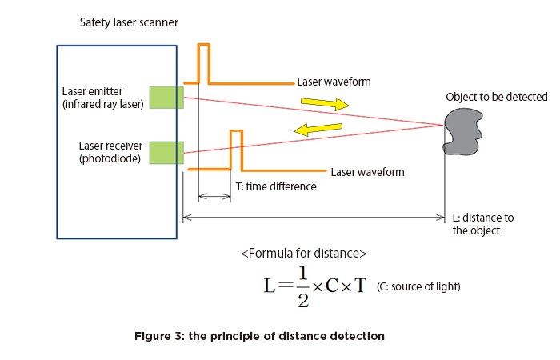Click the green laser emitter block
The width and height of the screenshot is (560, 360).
(x=166, y=96)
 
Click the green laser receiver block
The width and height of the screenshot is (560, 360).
(x=166, y=153)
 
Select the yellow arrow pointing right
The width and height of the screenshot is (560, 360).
(x=325, y=104)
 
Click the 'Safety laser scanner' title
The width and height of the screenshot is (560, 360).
(x=128, y=22)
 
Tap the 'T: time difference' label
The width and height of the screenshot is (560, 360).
(x=276, y=186)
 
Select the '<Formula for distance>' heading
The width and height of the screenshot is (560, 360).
(x=303, y=254)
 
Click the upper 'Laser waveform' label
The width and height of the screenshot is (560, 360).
(x=334, y=82)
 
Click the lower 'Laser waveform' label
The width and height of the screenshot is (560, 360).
(x=367, y=172)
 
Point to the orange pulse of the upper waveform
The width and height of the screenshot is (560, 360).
(x=204, y=62)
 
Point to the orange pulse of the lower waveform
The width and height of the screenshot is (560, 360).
(x=235, y=149)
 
